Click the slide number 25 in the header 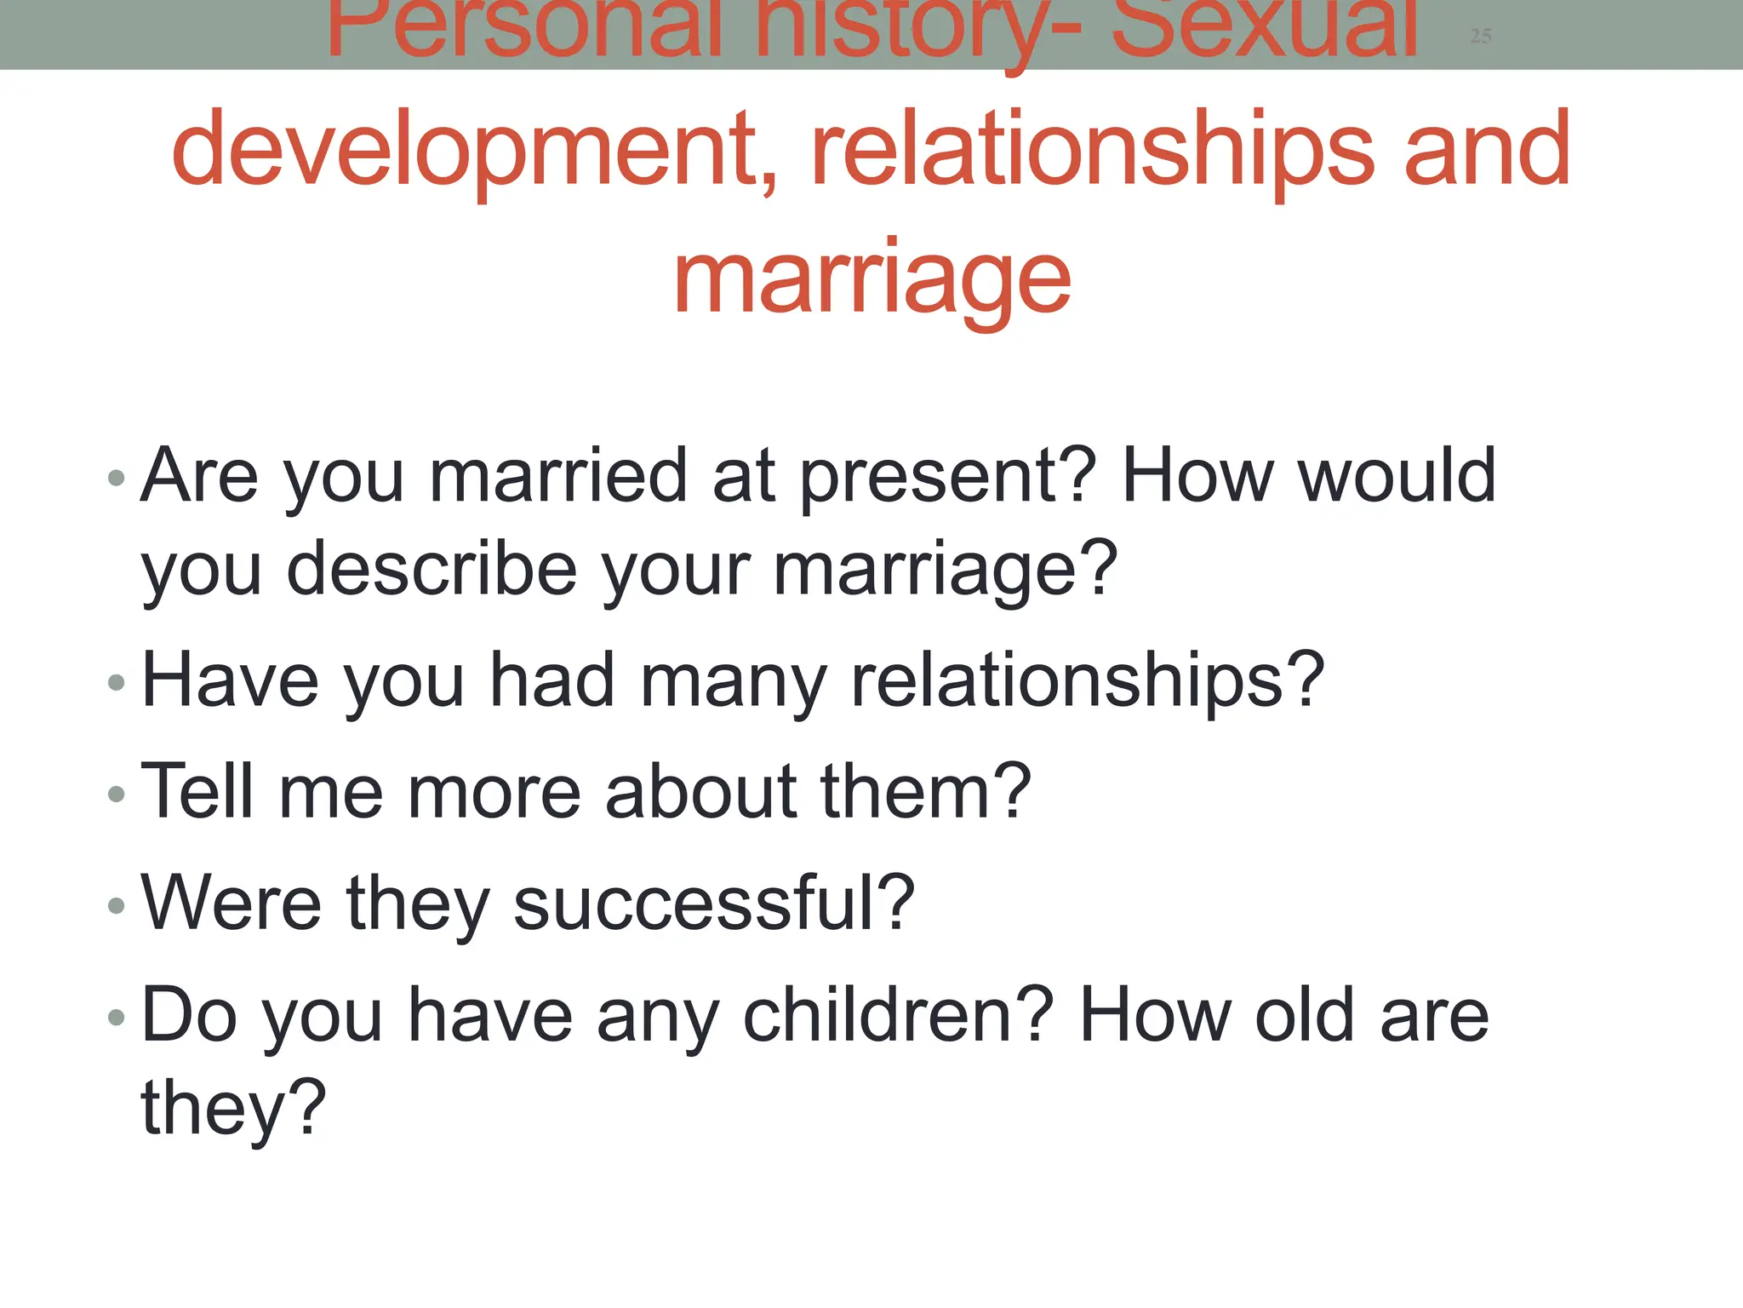coord(1480,36)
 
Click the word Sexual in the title coord(1265,31)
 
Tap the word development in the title coord(473,151)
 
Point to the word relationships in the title coord(1093,151)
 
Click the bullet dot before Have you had coord(117,682)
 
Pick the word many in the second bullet coord(733,681)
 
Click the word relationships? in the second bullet coord(1088,681)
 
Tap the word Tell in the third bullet coord(197,791)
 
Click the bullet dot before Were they coord(117,905)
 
